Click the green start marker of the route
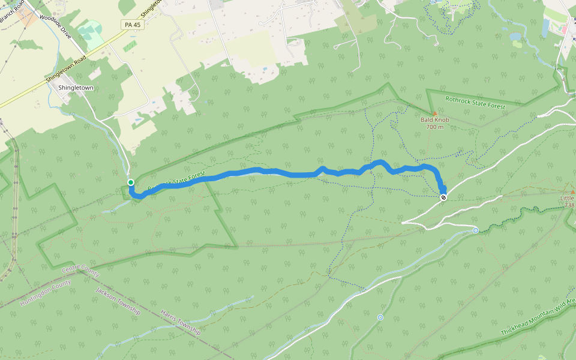(130, 182)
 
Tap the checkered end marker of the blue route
(443, 197)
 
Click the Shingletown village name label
(76, 88)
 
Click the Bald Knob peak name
(435, 119)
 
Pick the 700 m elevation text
(435, 127)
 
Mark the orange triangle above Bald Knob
(435, 112)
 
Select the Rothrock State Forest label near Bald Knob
(476, 103)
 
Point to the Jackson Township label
(118, 301)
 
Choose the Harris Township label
(180, 322)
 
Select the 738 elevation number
(569, 205)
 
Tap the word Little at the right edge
(567, 198)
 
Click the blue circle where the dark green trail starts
(476, 230)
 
